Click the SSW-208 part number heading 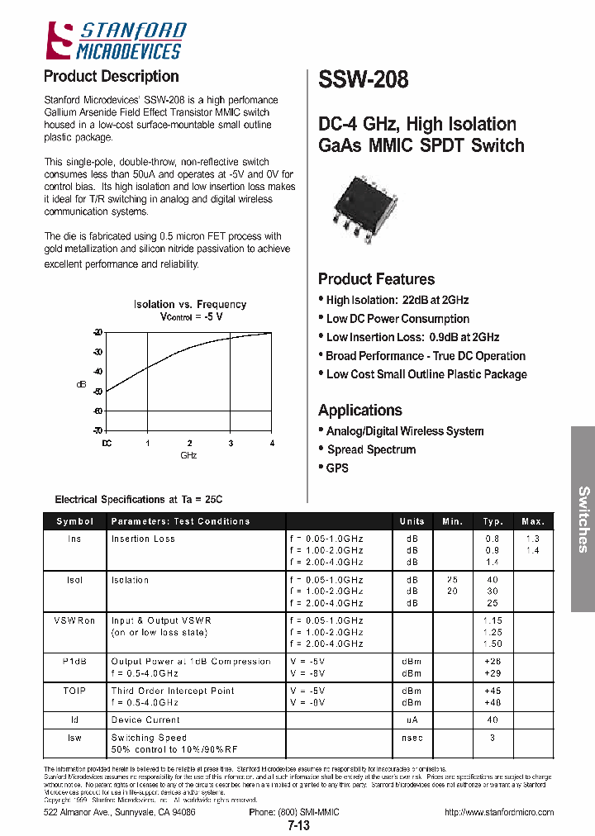[x=363, y=79]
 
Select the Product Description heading [x=111, y=77]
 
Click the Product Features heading [x=376, y=279]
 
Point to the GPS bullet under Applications [x=337, y=468]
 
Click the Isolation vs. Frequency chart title [x=190, y=305]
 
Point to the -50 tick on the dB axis [x=98, y=391]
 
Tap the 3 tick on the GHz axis [x=231, y=444]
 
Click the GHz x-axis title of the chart [x=188, y=455]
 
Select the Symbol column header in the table [x=75, y=521]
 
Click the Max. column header [x=533, y=521]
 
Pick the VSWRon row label [x=75, y=620]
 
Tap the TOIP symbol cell [x=75, y=691]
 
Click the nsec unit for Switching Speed [x=412, y=738]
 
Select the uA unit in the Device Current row [x=412, y=720]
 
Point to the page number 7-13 [x=298, y=825]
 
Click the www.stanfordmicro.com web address [x=499, y=812]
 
